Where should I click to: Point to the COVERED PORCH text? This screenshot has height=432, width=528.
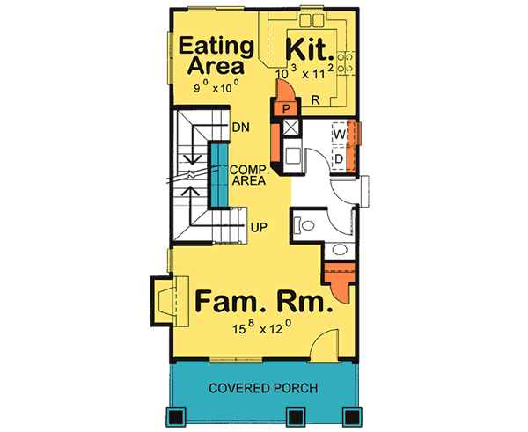click(x=263, y=388)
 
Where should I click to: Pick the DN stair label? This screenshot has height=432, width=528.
click(x=241, y=127)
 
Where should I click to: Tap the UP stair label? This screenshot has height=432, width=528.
click(x=259, y=227)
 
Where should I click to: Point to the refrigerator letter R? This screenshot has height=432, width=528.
click(x=314, y=101)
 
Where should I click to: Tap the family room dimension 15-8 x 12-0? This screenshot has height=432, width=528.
click(x=262, y=330)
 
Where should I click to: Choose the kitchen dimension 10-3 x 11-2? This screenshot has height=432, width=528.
click(x=304, y=74)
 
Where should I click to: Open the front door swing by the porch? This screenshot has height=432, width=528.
click(x=325, y=345)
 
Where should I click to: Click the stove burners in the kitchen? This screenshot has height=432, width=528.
click(x=347, y=61)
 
